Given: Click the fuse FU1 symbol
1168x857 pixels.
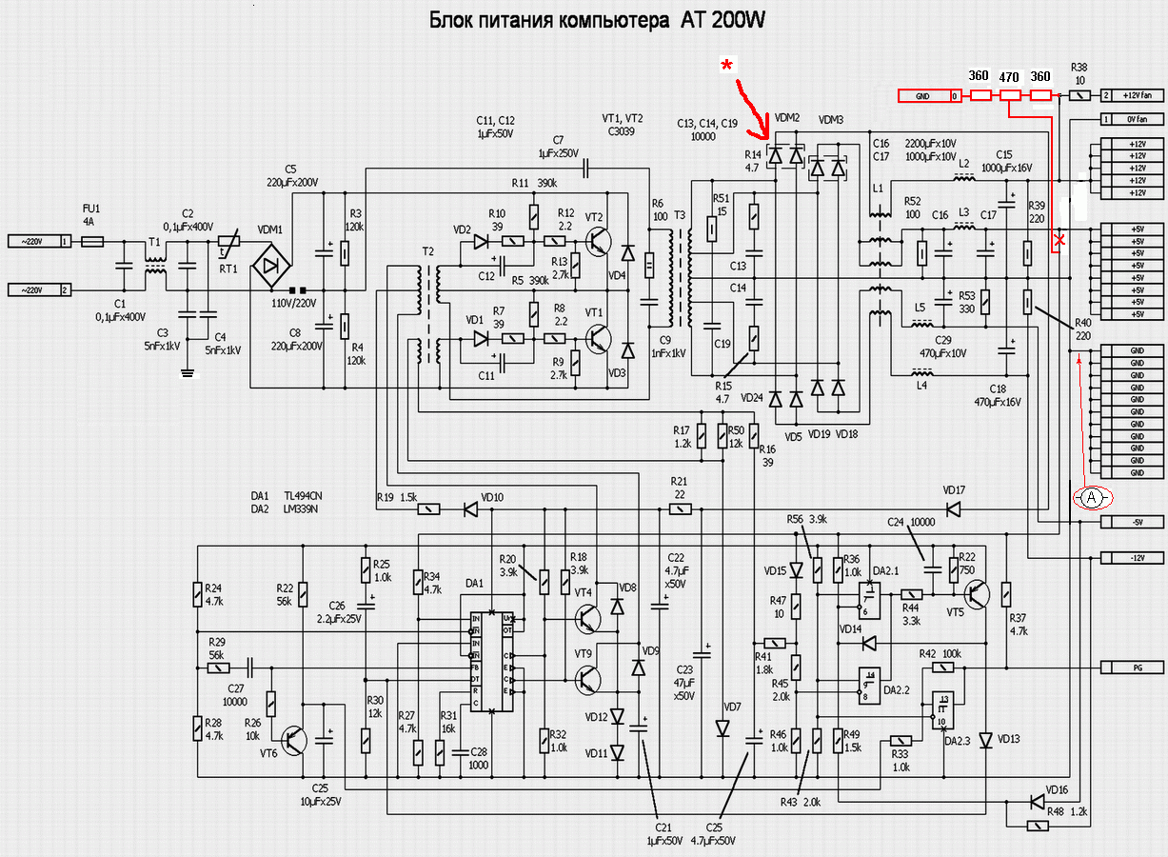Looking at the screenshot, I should [92, 243].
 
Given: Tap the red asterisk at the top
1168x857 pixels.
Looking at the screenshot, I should [727, 65].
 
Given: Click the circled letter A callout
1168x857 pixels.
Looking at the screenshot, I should [1093, 497].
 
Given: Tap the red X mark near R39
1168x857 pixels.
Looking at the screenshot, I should [1059, 242].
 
